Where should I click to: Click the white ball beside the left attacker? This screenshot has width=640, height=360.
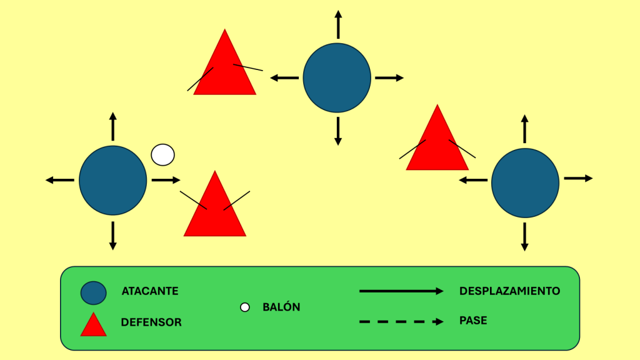point(163,154)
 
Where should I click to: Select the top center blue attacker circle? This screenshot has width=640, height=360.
point(337,78)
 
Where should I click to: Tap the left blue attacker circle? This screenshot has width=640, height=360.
point(112,180)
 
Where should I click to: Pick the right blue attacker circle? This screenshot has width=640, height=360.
point(525,182)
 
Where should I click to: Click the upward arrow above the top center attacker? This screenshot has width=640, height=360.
point(338,25)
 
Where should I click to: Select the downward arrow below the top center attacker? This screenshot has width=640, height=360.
point(338,131)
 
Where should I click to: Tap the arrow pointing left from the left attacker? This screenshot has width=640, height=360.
point(60,180)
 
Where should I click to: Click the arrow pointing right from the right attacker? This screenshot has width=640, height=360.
point(577,178)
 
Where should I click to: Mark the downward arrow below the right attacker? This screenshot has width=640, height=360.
point(525,237)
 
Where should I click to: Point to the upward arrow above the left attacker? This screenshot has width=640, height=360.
point(112,126)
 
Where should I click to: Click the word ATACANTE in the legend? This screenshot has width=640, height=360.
point(150,291)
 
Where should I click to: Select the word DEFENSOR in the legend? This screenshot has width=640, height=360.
point(151,322)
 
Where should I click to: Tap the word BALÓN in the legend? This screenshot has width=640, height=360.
point(281,307)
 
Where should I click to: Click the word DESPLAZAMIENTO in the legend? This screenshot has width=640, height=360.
point(509,291)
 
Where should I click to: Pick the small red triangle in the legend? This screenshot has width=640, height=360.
point(94,325)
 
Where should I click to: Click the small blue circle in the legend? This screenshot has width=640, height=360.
point(93,292)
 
